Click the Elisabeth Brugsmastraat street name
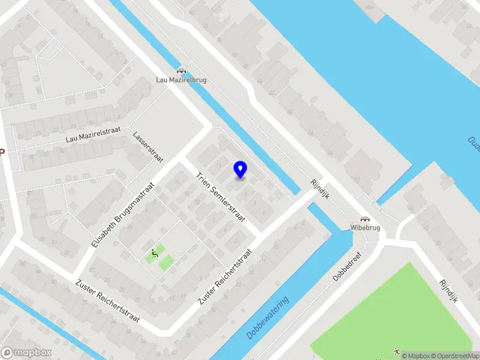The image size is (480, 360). [x=123, y=215]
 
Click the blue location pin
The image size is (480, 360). [x=241, y=170]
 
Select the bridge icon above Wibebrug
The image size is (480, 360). [x=364, y=219]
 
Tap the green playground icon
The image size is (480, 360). [x=155, y=254]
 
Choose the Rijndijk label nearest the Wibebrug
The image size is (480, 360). [x=320, y=190]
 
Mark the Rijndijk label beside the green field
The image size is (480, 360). [x=448, y=291]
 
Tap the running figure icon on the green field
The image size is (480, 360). [x=396, y=350]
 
